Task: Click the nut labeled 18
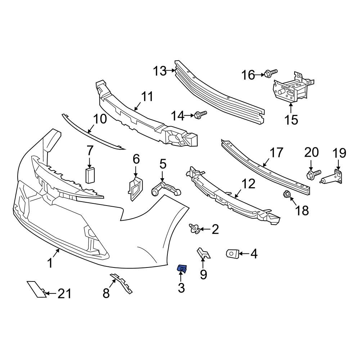(x=287, y=195)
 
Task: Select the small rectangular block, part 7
(x=89, y=175)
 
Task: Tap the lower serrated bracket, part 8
(x=121, y=283)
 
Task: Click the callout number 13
(x=159, y=71)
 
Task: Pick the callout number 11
(x=147, y=97)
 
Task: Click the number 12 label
(x=248, y=184)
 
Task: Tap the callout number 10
(x=100, y=119)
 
